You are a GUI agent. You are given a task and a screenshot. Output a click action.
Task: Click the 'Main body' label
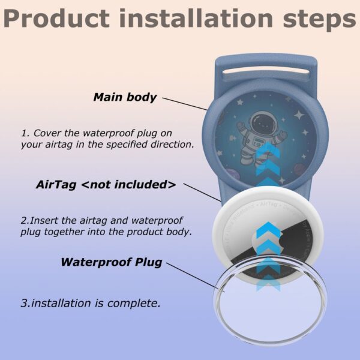(125, 97)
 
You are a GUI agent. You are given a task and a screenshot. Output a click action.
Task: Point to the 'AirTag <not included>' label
(106, 185)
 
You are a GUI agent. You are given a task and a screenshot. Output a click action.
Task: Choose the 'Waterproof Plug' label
(111, 262)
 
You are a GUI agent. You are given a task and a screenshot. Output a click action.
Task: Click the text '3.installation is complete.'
(91, 303)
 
